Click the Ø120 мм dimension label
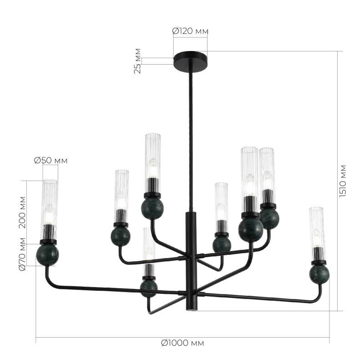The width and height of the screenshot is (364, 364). tap(190, 31)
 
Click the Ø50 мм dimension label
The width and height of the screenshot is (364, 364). tap(51, 160)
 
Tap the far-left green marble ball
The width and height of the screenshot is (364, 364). tap(48, 255)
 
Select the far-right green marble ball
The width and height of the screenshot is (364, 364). tap(319, 274)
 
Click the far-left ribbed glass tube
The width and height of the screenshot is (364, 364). tap(50, 202)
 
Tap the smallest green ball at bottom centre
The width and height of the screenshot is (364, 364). tap(149, 288)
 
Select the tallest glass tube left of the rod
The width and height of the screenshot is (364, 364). tap(153, 155)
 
